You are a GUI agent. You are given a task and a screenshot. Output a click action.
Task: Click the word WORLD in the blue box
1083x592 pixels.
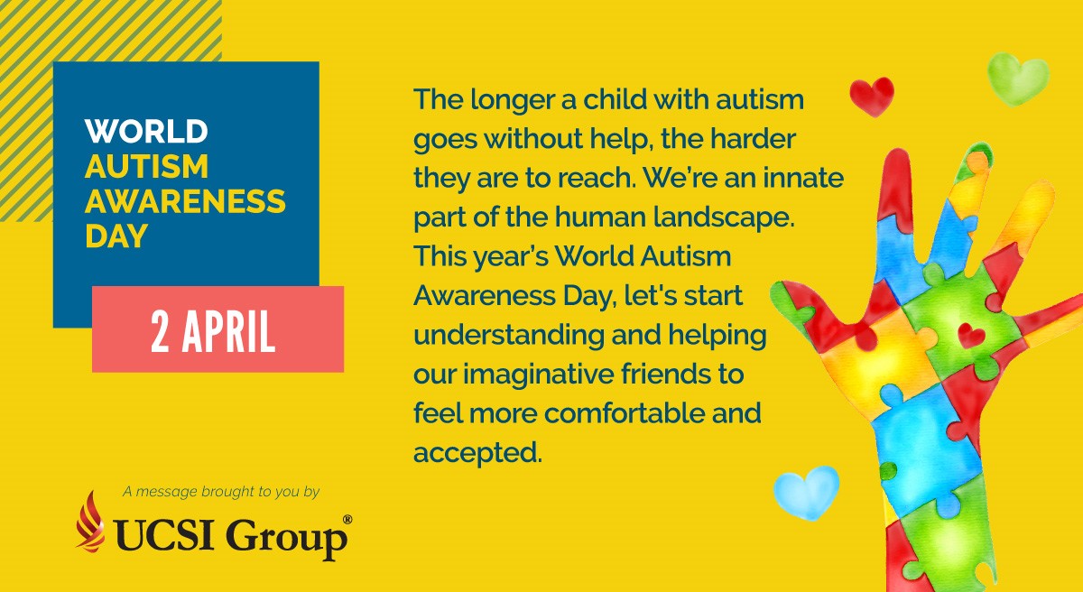146,131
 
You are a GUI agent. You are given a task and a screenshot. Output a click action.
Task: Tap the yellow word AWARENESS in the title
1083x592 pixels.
186,201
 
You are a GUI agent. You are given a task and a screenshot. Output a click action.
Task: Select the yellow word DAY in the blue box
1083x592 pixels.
116,236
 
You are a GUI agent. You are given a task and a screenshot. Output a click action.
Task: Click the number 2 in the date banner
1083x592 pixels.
160,331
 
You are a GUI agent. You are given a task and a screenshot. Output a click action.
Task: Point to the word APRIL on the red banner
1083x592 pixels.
228,331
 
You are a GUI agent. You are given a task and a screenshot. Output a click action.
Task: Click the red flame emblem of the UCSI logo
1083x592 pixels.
90,522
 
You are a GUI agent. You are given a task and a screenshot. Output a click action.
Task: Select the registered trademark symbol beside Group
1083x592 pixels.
347,520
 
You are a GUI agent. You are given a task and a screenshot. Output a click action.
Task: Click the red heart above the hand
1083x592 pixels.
872,96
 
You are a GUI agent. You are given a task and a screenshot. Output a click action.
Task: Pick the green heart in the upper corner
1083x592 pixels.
1018,79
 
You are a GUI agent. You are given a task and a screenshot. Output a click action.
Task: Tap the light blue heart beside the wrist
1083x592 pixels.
807,492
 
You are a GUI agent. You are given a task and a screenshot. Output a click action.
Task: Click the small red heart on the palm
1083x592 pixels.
971,336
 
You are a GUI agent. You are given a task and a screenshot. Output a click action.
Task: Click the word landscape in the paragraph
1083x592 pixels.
724,217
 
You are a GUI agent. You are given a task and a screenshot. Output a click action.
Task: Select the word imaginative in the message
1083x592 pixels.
538,375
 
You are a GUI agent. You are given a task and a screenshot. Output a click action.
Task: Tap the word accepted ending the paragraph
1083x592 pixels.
477,453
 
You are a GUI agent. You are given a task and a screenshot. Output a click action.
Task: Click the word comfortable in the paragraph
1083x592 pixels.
625,413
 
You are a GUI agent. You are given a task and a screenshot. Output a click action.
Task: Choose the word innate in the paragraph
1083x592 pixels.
803,178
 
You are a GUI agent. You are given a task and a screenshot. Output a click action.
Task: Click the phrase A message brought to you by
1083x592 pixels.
221,492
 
